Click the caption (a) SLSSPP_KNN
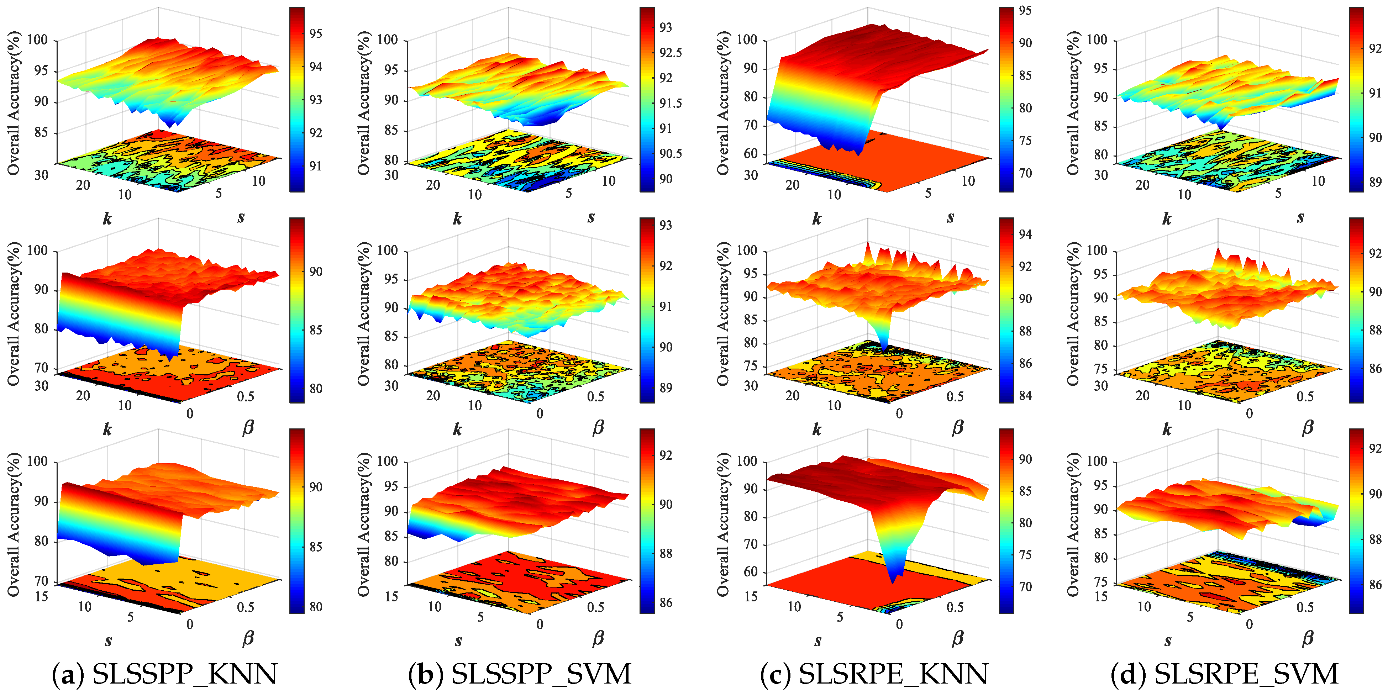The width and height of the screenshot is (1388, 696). [164, 674]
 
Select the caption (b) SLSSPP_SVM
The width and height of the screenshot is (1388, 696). [519, 674]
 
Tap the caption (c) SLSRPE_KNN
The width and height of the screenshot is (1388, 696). [874, 674]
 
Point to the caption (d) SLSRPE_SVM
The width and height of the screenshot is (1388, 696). [1224, 674]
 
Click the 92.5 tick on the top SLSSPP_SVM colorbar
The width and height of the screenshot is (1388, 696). [670, 53]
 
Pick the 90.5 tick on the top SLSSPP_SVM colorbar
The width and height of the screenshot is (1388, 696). [670, 153]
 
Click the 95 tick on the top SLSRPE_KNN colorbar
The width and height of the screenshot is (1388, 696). [1025, 11]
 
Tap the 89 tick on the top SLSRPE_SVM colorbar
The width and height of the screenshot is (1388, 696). [1375, 182]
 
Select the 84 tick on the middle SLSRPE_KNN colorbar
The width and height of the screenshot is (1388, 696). [1025, 395]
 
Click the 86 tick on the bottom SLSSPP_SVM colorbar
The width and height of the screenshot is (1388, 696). [666, 602]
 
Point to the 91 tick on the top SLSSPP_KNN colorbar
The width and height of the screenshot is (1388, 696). [315, 166]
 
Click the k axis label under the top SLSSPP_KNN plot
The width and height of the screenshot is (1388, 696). [107, 218]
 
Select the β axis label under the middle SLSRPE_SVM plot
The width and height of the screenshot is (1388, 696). [1307, 428]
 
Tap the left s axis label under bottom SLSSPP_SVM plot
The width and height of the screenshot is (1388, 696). [458, 640]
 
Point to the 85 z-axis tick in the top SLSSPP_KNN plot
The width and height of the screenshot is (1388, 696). [41, 132]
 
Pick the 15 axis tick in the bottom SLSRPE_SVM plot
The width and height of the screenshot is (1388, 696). [1100, 596]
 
